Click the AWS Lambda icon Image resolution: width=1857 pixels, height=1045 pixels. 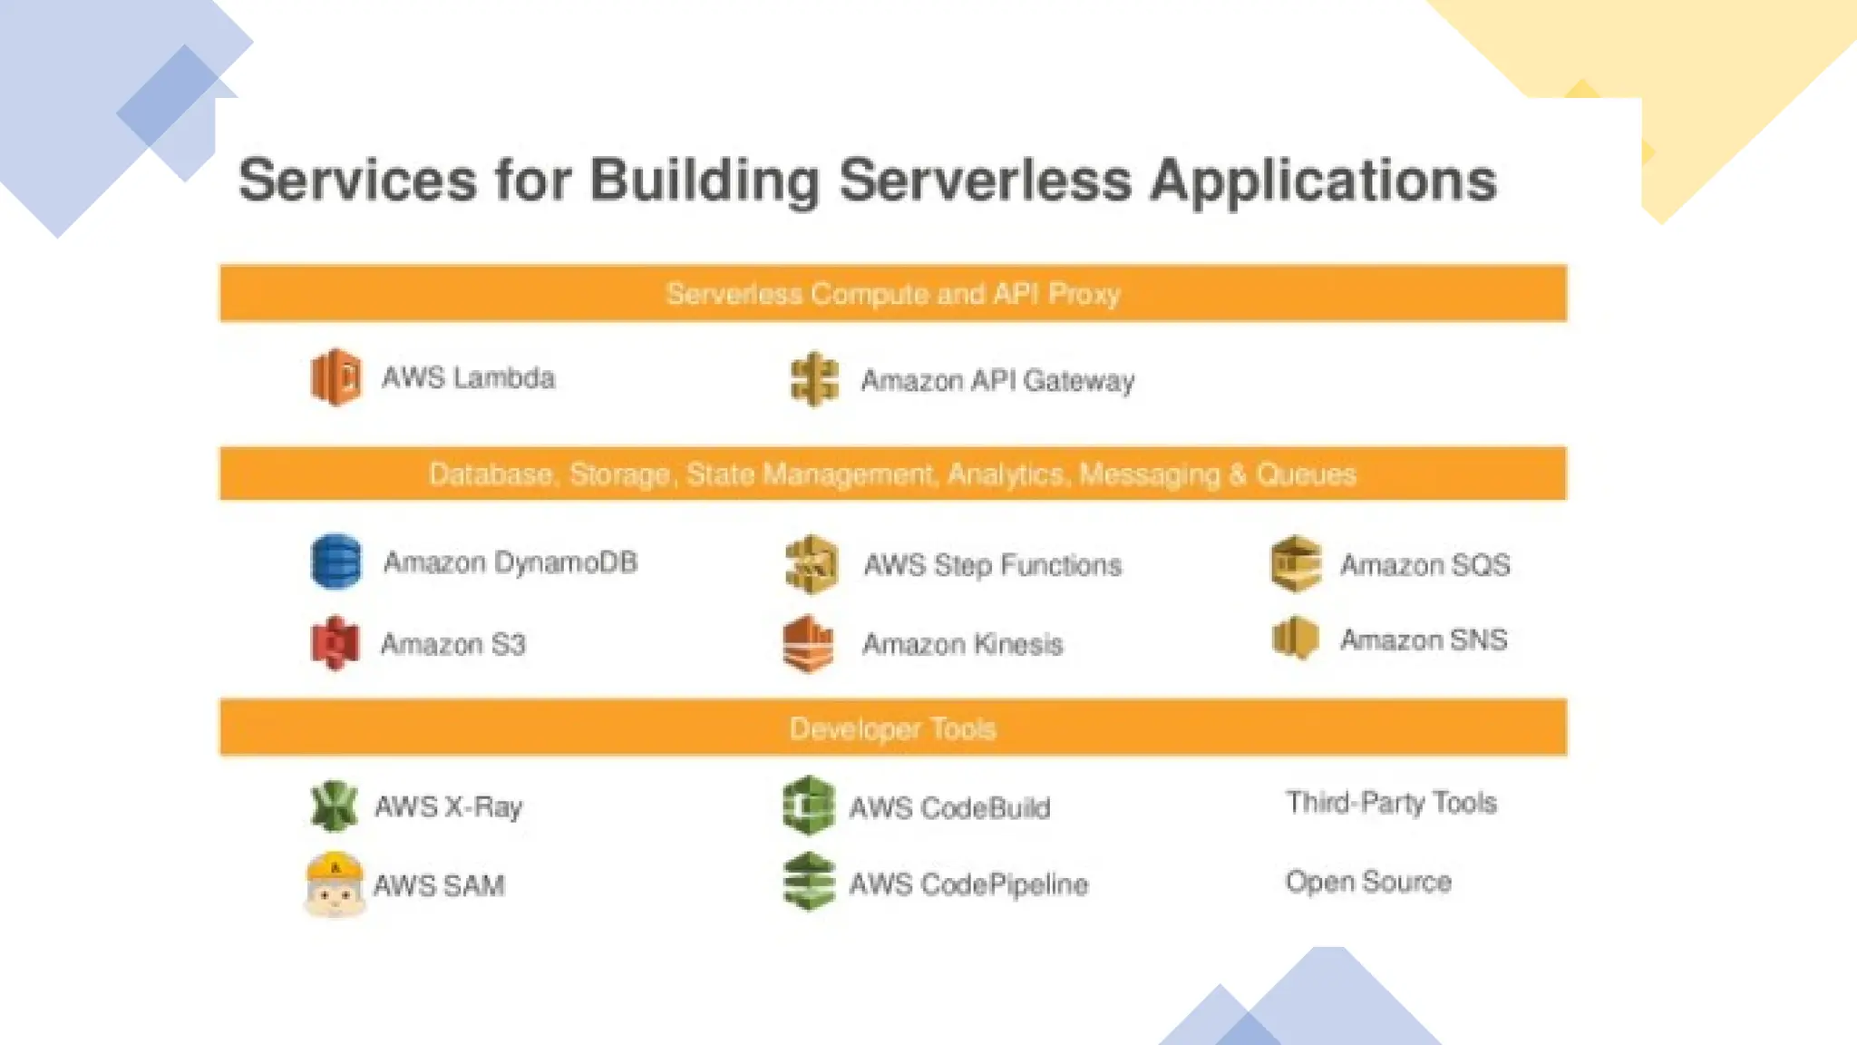pos(335,376)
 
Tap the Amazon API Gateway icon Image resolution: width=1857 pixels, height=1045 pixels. pos(813,379)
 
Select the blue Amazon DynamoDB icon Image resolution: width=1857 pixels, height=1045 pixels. pos(335,561)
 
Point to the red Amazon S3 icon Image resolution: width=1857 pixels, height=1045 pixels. pos(335,642)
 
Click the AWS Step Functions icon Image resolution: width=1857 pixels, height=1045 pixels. pos(811,563)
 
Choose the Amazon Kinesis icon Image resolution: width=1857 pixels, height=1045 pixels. pos(807,643)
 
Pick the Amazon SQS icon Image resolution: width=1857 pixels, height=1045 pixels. pos(1296,563)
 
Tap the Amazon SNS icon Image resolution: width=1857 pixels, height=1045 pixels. pos(1295,638)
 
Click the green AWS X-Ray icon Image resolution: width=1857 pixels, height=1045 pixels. pos(334,806)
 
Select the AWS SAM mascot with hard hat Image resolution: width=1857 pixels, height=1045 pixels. pos(334,884)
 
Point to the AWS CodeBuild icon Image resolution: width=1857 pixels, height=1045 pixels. pos(808,806)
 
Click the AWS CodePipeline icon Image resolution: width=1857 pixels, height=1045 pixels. pos(808,882)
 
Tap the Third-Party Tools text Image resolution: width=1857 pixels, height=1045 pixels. pos(1390,803)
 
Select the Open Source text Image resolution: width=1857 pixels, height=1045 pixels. pos(1367,882)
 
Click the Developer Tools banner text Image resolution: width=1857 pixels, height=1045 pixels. pos(892,728)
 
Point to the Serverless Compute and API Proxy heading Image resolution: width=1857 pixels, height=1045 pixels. pos(892,294)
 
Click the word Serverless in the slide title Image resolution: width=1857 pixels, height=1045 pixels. pos(985,180)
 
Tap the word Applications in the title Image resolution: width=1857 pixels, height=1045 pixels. pos(1323,180)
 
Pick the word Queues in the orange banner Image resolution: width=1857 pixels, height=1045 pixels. pos(1306,474)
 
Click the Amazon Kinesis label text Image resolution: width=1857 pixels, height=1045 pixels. pos(962,644)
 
